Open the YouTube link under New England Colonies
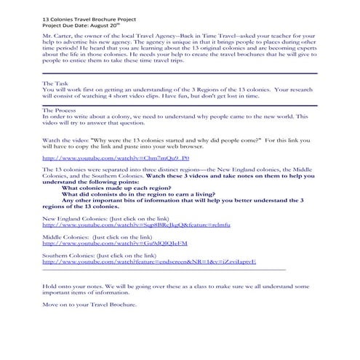[x=136, y=226]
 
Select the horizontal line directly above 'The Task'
[x=180, y=73]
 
